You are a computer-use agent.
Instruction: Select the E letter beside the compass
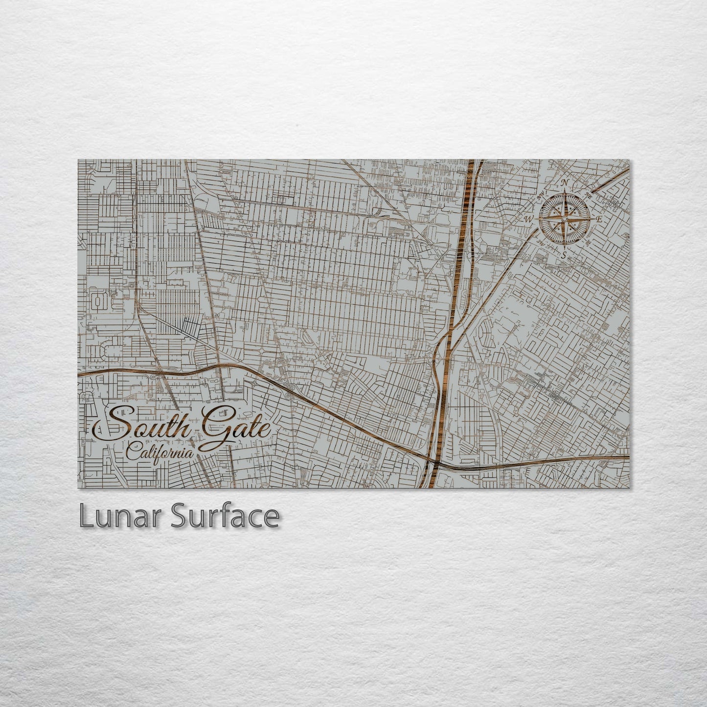599,220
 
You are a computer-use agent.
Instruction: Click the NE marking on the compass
588,196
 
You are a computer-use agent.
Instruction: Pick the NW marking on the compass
542,196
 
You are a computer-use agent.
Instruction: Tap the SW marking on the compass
541,242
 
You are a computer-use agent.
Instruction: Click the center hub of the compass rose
564,220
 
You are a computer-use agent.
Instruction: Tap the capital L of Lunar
86,516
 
